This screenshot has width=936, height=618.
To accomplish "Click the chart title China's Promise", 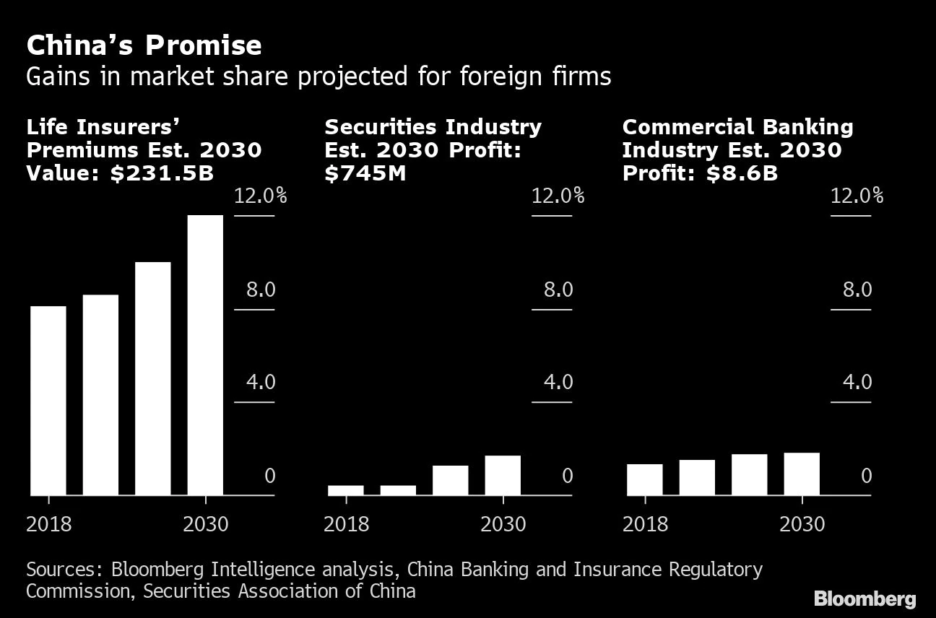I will pyautogui.click(x=144, y=45).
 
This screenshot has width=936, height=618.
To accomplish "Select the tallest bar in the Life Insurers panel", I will pyautogui.click(x=205, y=354).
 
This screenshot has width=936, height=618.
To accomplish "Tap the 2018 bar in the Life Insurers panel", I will pyautogui.click(x=48, y=400).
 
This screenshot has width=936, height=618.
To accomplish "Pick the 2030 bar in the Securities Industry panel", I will pyautogui.click(x=503, y=475).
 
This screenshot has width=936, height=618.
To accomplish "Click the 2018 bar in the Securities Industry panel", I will pyautogui.click(x=345, y=490).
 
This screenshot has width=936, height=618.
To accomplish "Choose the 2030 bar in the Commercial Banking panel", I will pyautogui.click(x=802, y=474).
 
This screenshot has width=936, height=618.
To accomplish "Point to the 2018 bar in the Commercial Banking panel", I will pyautogui.click(x=645, y=479).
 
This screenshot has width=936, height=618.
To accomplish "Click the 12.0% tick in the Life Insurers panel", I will pyautogui.click(x=260, y=196).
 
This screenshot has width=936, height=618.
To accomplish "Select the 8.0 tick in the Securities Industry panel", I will pyautogui.click(x=558, y=290).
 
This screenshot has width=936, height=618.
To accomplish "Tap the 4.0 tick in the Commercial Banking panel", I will pyautogui.click(x=857, y=382).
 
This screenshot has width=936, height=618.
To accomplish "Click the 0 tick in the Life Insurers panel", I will pyautogui.click(x=270, y=476).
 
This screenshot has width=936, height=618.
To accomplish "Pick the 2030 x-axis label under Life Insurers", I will pyautogui.click(x=205, y=523).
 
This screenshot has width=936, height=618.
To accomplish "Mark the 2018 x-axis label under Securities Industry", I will pyautogui.click(x=346, y=523).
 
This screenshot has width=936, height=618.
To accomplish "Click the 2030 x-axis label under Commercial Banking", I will pyautogui.click(x=802, y=523).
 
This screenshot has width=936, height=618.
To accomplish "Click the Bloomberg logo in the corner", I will pyautogui.click(x=864, y=599).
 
